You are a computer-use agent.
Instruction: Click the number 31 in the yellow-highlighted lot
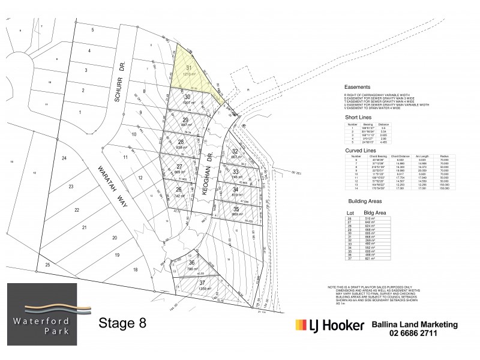pos(190,68)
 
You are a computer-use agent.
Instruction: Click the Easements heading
pos(357,87)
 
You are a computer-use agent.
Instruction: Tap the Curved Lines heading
pos(361,146)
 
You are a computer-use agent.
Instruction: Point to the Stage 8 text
pos(122,322)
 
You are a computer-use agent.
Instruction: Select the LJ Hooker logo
pos(329,326)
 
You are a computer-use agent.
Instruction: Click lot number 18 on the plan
pos(136,270)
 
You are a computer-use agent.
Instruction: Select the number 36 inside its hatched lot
pos(191,263)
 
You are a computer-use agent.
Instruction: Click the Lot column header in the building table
pos(352,213)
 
